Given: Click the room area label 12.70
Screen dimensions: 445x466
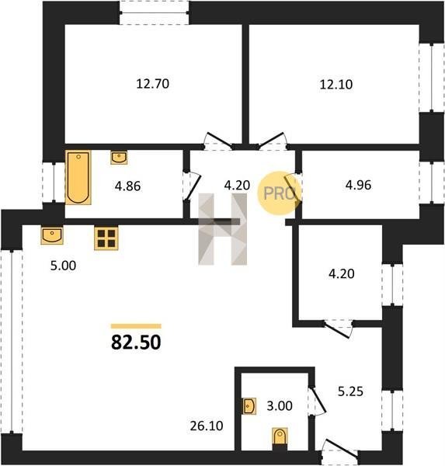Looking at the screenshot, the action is (153, 84).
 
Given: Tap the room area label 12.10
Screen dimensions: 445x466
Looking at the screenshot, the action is (336, 85).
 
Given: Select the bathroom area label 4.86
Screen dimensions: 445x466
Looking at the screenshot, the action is (128, 186).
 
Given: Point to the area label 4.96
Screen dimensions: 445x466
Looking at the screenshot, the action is (358, 185).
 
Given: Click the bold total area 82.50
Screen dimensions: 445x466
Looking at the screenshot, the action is (136, 342).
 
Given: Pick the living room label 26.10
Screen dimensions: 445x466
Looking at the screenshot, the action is (207, 426).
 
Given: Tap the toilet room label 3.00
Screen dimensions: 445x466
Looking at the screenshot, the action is (280, 405).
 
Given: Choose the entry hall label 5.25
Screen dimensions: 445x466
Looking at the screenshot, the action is (350, 391).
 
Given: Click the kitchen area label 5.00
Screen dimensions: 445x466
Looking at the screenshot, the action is (63, 266).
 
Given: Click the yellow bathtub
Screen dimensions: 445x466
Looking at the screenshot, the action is (78, 177).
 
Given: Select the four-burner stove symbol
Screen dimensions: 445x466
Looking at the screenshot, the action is (106, 238).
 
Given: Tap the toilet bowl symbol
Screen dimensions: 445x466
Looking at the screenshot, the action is (280, 437).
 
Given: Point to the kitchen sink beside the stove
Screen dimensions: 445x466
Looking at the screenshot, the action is (52, 235).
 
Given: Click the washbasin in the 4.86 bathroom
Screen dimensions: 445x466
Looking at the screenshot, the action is (119, 157).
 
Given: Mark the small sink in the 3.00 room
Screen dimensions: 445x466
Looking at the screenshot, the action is (249, 406).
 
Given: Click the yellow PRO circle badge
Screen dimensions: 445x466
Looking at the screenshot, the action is (280, 193).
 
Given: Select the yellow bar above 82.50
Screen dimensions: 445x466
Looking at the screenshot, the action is (136, 326).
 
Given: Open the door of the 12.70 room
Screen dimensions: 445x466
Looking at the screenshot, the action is (218, 141).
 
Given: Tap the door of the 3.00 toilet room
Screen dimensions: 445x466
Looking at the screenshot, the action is (317, 400).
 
